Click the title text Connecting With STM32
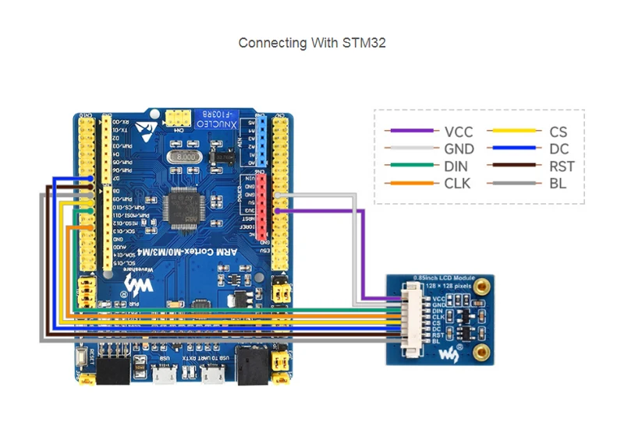pyautogui.click(x=312, y=43)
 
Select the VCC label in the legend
pyautogui.click(x=458, y=132)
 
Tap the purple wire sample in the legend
pyautogui.click(x=413, y=132)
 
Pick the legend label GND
pyautogui.click(x=459, y=149)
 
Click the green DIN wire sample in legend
pyautogui.click(x=413, y=167)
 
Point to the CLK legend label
pyautogui.click(x=458, y=184)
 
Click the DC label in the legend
pyautogui.click(x=559, y=149)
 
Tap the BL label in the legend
pyautogui.click(x=558, y=184)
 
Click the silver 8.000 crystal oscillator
pyautogui.click(x=190, y=158)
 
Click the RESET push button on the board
pyautogui.click(x=82, y=360)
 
